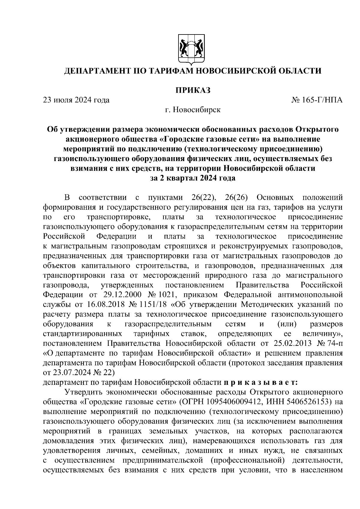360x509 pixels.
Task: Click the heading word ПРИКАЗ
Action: coord(193,90)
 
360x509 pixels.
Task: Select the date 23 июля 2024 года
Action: coord(76,100)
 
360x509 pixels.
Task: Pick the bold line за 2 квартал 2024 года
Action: coord(193,178)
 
